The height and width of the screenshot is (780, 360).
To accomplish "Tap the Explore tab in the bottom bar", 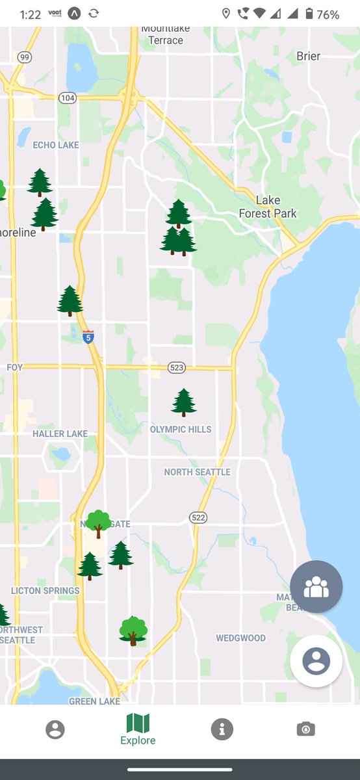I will [x=138, y=729].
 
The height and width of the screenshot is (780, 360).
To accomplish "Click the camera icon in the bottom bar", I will [x=305, y=729].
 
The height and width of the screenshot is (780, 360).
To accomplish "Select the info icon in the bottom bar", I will [x=222, y=729].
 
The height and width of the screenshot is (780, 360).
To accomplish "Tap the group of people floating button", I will [x=316, y=587].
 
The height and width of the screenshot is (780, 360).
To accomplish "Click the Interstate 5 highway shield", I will [x=88, y=337].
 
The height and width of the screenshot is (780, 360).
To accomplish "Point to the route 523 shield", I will [x=176, y=368].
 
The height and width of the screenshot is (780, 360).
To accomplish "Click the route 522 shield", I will [x=198, y=517].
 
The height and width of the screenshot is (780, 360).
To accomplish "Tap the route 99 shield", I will [x=25, y=58].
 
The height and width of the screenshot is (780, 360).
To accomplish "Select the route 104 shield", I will [x=67, y=97].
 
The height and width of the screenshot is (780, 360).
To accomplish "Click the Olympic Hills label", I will [x=181, y=430].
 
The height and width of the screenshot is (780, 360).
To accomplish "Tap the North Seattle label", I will [x=197, y=472].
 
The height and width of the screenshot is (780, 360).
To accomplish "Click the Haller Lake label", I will [x=60, y=434].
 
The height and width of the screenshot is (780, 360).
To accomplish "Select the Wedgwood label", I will [x=240, y=638].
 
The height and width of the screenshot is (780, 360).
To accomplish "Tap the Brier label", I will [x=308, y=57].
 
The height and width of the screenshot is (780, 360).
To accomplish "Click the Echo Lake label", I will [x=56, y=145].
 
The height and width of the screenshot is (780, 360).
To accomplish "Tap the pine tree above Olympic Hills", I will [x=184, y=402].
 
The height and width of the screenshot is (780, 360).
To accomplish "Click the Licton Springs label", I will [x=45, y=591].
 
